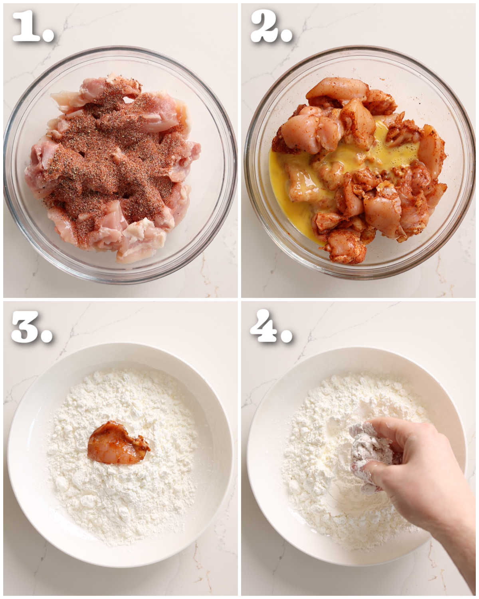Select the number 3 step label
click(x=26, y=327)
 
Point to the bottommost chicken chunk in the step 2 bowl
click(x=345, y=252)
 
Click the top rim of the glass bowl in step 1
click(x=120, y=50)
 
